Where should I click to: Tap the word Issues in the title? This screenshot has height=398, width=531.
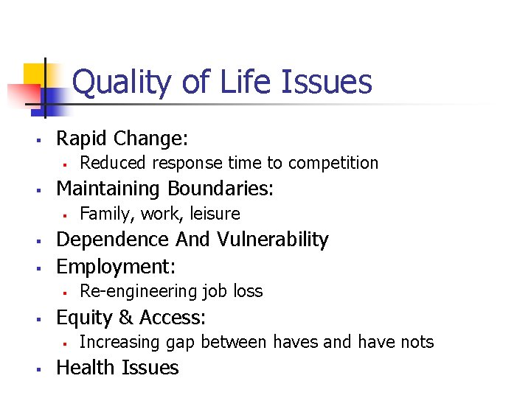coord(326,82)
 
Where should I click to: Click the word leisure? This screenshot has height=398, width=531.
coord(214,214)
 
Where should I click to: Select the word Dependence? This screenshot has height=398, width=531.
coord(113,240)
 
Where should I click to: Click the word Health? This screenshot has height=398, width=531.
coord(87,367)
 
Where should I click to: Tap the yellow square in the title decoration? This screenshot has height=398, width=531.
coord(34,74)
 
